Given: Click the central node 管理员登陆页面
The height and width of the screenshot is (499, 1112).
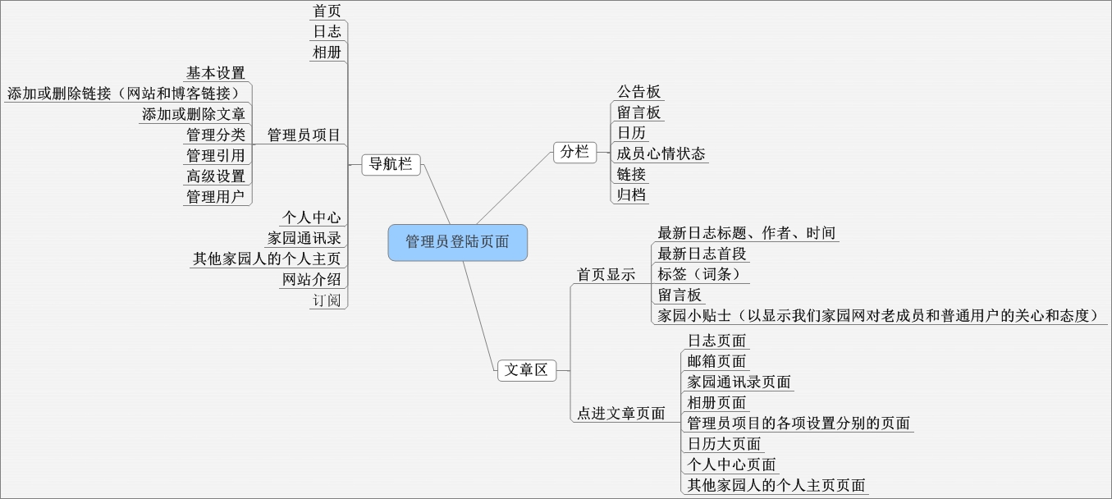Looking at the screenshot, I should pos(457,242).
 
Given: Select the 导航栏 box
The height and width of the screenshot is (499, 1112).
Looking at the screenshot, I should pos(391,164).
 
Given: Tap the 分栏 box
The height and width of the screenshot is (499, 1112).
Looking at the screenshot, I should pos(574,152).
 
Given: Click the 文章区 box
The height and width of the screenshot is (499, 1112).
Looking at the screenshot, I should pos(526,370).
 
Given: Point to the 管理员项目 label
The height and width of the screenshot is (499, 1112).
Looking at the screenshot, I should pos(304,135).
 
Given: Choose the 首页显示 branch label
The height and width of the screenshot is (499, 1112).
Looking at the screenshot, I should pos(606,275).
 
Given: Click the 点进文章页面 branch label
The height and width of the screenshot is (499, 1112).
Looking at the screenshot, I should pos(620,414).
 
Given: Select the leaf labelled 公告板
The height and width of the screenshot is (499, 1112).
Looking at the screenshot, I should pos(639,92).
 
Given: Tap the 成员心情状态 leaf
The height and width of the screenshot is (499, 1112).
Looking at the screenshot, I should pos(661,153).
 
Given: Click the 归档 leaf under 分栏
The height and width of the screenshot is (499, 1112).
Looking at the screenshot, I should pos(631,195).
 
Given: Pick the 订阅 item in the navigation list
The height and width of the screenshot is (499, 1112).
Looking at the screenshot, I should pos(326,300).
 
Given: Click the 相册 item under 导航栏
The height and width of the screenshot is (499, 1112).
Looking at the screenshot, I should pos(327,53).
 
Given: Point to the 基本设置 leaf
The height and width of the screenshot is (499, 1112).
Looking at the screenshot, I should pos(215,73).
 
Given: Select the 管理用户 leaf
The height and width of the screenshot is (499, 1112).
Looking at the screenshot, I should pos(215,196).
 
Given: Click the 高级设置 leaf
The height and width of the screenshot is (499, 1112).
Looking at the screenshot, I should pos(215,176).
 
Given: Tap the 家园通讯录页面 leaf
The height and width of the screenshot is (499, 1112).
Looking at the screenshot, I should pos(739,382).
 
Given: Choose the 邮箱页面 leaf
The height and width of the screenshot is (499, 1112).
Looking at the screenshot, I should pos(716,361).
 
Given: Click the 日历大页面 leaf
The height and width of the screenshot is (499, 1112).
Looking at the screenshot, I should pos(724,444).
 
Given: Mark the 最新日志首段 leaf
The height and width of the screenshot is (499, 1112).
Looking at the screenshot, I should pos(702,254).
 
